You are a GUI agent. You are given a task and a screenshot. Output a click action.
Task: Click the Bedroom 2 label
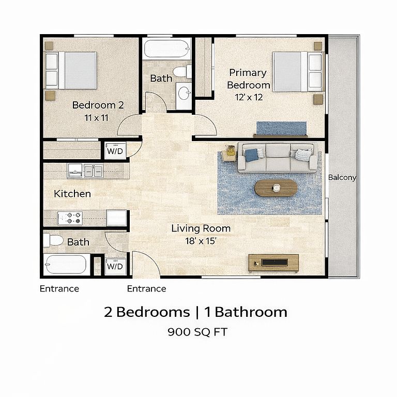pos(98,105)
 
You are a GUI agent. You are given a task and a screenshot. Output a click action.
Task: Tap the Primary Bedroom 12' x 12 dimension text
pos(249,98)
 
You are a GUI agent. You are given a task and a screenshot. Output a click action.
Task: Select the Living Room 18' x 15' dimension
pos(201,241)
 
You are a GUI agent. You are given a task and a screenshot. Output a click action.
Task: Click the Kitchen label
pos(72,194)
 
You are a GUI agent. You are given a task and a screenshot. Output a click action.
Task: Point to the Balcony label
pos(342,177)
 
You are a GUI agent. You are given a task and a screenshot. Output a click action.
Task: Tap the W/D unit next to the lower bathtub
pos(115,266)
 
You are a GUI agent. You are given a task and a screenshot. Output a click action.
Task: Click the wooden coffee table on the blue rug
pos(276,188)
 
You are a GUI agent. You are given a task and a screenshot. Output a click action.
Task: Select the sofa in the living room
pos(277,158)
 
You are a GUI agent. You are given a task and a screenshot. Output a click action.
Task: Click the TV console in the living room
pos(273,263)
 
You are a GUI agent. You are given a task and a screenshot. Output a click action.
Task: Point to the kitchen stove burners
pos(70,218)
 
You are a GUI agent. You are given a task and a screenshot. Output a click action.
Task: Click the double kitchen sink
pos(94,171)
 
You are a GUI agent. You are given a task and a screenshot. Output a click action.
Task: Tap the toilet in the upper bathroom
pos(182,72)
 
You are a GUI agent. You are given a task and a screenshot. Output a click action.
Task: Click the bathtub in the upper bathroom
pos(167,49)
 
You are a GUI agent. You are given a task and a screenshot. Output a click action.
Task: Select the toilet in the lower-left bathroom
pos(53,240)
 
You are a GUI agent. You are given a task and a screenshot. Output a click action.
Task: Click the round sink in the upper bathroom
pos(184,94)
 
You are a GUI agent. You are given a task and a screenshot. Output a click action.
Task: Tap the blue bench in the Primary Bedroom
pos(281,129)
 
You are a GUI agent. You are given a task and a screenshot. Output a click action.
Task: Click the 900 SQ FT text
pos(197,332)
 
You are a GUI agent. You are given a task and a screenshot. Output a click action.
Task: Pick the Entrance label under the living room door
pos(147,288)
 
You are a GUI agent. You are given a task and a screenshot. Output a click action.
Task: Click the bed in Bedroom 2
pos(70,70)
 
